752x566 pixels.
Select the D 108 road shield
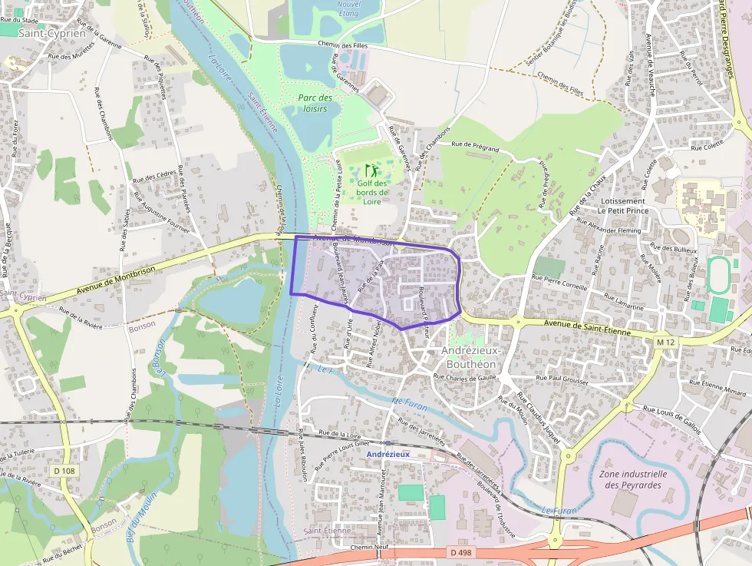coord(66,470)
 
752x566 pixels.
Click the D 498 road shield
coord(460,552)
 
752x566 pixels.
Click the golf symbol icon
coord(371,170)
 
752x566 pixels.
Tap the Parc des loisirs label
coord(315,103)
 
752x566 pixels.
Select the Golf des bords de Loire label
coord(373,192)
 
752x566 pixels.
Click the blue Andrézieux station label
coord(388,454)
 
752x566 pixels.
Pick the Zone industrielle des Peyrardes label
coord(632,479)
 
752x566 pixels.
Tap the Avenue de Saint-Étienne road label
coord(587,328)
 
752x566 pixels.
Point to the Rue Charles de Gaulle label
coord(466,377)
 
